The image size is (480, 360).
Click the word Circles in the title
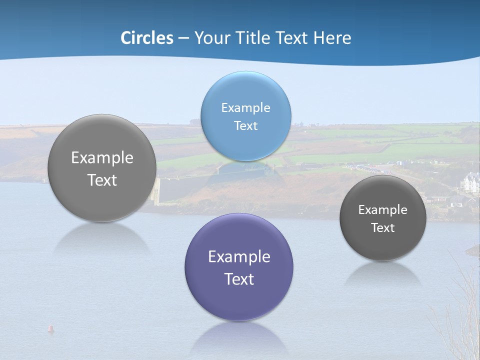147,38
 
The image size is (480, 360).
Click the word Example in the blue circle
245,108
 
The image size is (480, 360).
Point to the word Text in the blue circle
245,126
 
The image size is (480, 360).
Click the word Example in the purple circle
239,257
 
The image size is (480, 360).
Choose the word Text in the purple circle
239,279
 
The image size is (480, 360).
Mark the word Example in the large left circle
102,158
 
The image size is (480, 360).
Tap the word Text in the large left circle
102,180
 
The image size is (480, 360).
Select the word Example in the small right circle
383,210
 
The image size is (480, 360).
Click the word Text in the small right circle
383,228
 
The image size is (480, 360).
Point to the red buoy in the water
50,328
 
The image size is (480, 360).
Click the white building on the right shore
471,183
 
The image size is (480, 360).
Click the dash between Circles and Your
183,38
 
